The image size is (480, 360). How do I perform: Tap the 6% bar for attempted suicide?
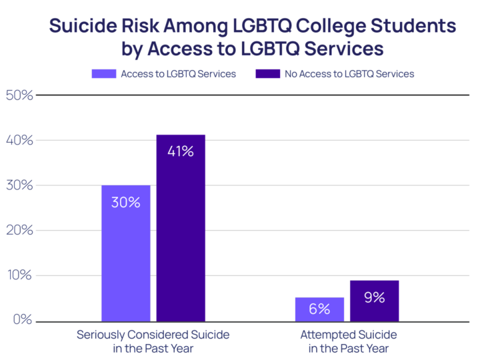pyautogui.click(x=319, y=309)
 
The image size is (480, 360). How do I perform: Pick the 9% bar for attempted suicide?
pyautogui.click(x=374, y=301)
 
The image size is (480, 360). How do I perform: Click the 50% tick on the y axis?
pyautogui.click(x=19, y=95)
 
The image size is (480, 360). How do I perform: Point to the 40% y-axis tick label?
pyautogui.click(x=19, y=140)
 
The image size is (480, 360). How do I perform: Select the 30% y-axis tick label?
pyautogui.click(x=19, y=185)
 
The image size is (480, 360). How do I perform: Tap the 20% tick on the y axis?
pyautogui.click(x=19, y=231)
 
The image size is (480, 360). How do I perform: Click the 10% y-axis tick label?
pyautogui.click(x=19, y=276)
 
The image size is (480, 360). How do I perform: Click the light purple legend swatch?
pyautogui.click(x=103, y=74)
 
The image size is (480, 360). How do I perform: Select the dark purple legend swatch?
pyautogui.click(x=268, y=74)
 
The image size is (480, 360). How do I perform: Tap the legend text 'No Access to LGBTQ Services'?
pyautogui.click(x=349, y=74)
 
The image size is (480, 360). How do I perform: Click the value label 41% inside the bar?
pyautogui.click(x=181, y=151)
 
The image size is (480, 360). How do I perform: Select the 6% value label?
pyautogui.click(x=319, y=309)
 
